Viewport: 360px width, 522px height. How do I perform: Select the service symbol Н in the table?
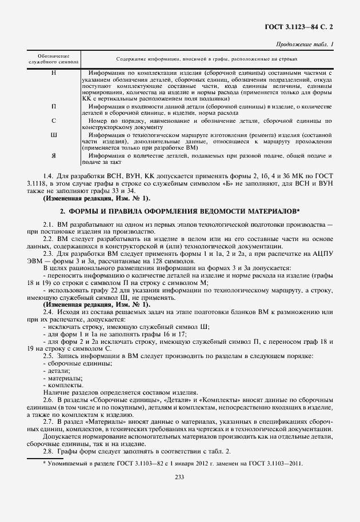[54, 74]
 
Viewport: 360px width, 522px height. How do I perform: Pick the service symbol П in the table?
[54, 106]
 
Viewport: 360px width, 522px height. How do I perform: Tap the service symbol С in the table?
[54, 121]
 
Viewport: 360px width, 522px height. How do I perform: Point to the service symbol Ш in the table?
[54, 135]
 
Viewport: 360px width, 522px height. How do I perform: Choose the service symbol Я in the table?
[54, 155]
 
